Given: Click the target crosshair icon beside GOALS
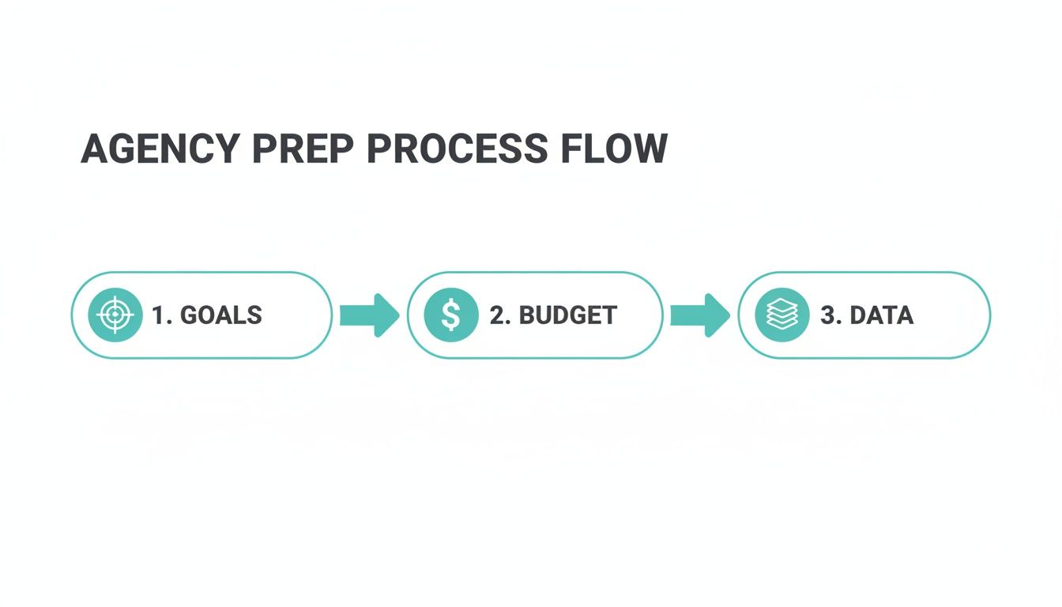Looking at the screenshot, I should [x=115, y=315].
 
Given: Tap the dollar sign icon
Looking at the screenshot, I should [x=450, y=315].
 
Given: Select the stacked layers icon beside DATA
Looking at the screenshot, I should [x=781, y=315].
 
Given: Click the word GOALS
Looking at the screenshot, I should [x=221, y=315].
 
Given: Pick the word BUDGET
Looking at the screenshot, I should [x=567, y=315].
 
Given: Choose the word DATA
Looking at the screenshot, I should [x=881, y=315].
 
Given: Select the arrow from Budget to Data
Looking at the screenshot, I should [x=699, y=315].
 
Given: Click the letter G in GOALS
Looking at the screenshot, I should [x=190, y=315].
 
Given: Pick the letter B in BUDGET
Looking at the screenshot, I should [x=527, y=315].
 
